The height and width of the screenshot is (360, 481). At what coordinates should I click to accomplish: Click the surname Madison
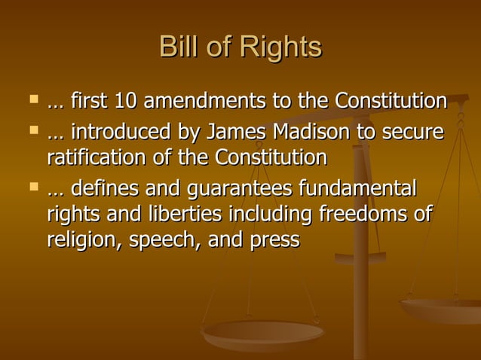(x=297, y=133)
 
